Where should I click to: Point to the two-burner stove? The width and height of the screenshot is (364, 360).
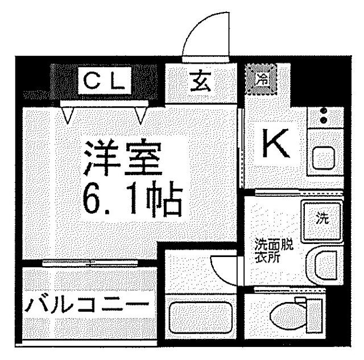coord(324,116)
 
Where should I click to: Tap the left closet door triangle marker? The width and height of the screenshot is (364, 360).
coord(68,114)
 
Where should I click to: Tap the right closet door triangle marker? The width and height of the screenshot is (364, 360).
coord(141,114)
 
